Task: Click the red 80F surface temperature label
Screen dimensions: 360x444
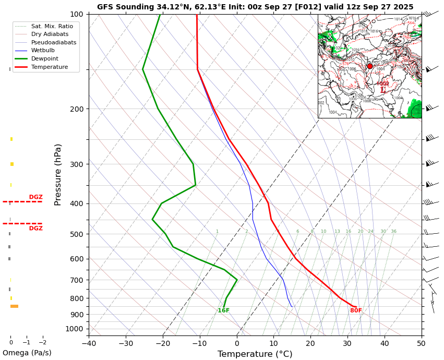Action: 356,311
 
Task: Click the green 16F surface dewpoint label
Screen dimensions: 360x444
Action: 223,311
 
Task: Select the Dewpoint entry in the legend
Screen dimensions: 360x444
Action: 45,59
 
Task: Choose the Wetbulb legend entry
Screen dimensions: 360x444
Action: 43,51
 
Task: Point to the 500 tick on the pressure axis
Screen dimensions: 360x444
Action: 77,234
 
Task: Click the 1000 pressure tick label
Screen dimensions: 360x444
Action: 75,329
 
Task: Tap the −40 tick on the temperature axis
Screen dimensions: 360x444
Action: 89,343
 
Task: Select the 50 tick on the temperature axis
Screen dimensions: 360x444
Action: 421,343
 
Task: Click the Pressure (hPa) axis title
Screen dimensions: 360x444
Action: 58,174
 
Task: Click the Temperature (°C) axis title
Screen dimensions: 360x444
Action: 255,354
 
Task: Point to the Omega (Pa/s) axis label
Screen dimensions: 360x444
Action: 27,353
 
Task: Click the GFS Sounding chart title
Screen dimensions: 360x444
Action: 255,7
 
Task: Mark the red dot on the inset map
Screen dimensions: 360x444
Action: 370,66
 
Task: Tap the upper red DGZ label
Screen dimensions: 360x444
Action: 36,197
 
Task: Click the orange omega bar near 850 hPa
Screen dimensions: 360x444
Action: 14,306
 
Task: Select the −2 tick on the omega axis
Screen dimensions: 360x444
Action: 42,343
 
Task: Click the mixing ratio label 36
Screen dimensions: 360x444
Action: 393,232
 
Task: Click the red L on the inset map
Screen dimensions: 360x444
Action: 383,90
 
